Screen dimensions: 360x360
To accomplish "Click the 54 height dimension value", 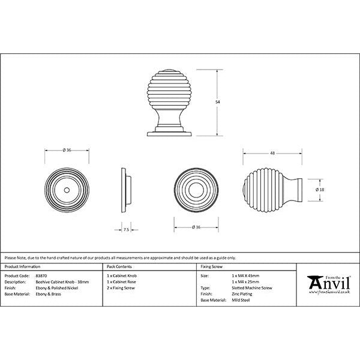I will click(x=217, y=103).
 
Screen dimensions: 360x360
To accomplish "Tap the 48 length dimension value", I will click(x=272, y=154).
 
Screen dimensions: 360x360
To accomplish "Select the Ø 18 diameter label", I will click(x=320, y=190).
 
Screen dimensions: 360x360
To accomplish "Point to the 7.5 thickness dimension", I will click(x=127, y=229).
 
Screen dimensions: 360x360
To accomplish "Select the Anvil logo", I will click(x=326, y=284).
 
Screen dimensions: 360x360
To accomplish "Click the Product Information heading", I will click(x=22, y=266).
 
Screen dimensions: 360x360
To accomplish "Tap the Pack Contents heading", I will click(x=119, y=266).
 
